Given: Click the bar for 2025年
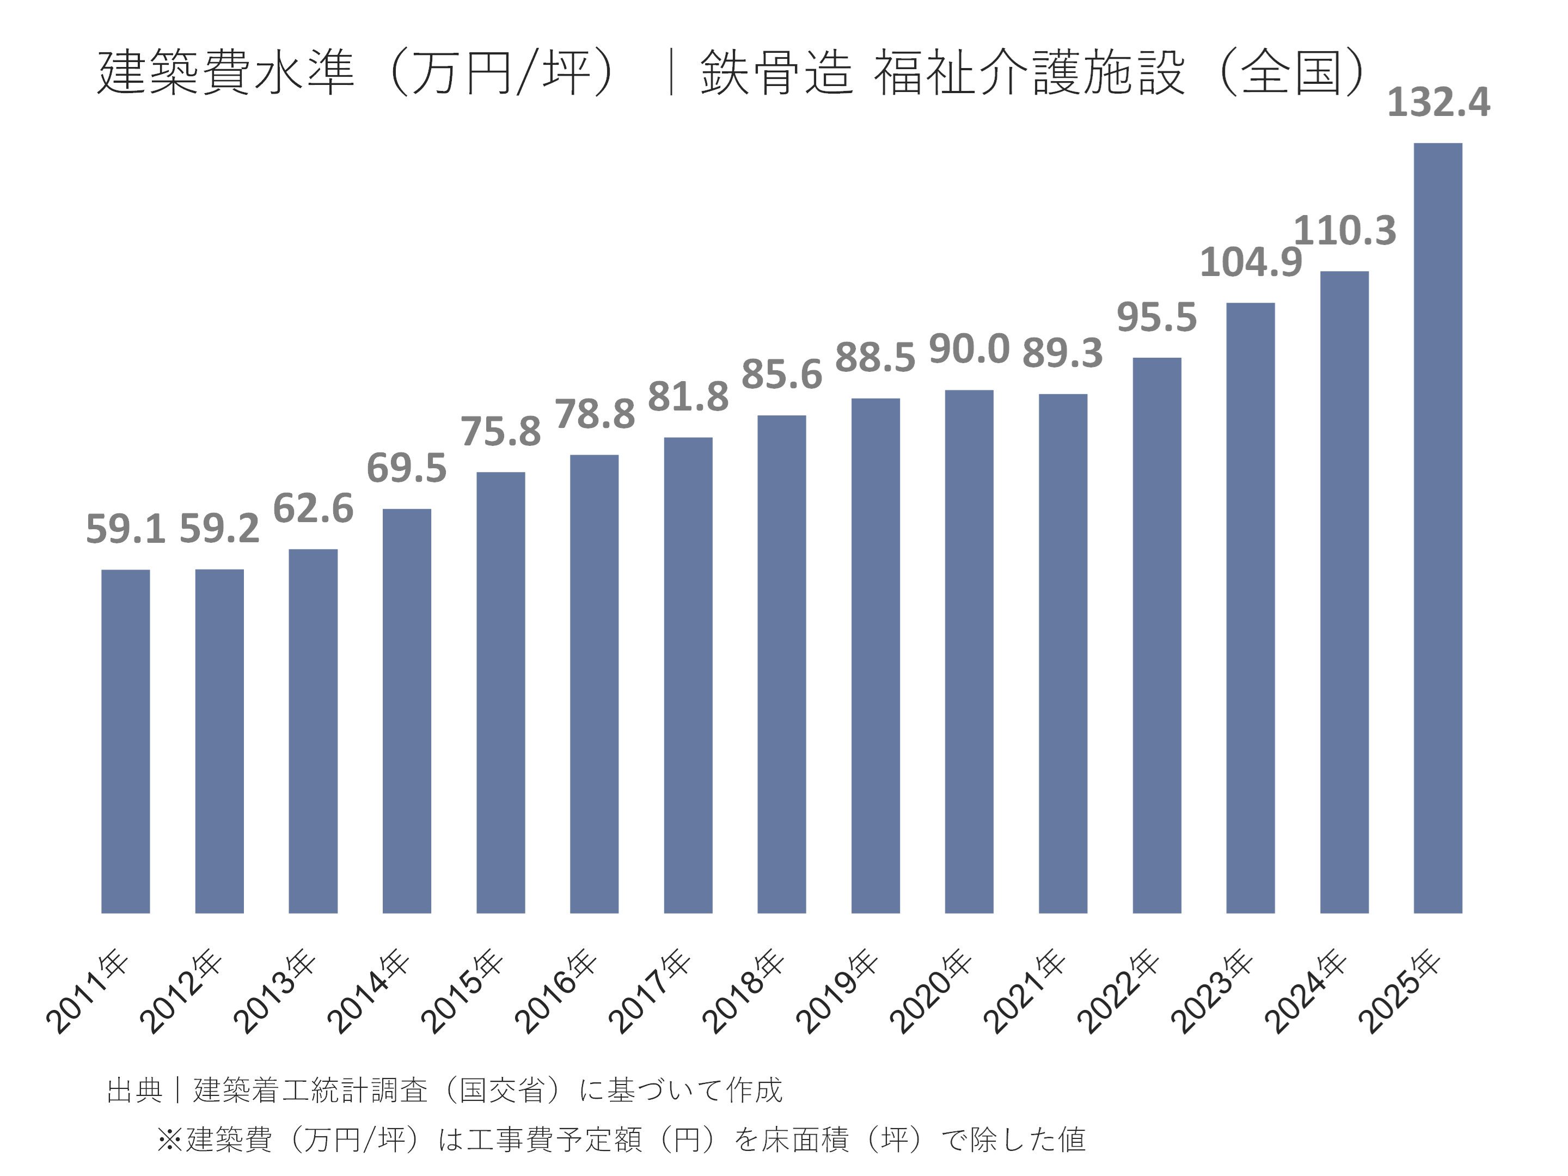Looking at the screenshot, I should pos(1437,528).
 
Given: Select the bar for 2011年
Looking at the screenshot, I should pos(125,741).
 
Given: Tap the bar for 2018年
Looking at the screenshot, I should pos(781,664).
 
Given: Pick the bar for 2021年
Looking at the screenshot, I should pos(1063,653).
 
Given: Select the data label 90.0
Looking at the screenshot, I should pos(969,350).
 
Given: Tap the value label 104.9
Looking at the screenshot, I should pos(1251,262).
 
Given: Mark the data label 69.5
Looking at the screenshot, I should pos(406,468).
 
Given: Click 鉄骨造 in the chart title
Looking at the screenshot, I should pos(775,72).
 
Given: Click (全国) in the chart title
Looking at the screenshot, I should pos(1293,72).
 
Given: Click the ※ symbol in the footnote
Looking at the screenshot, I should pos(170,1140).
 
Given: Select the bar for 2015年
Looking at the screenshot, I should pos(500,692).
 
